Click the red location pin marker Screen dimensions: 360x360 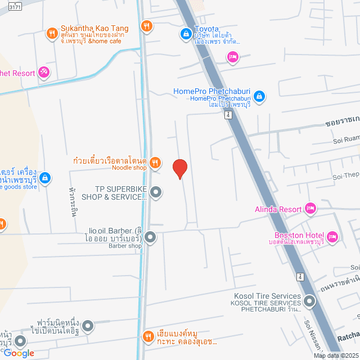point(179,168)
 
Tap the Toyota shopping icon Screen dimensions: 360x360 point(185,34)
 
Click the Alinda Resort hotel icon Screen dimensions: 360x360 point(310,209)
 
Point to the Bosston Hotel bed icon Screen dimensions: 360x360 point(332,237)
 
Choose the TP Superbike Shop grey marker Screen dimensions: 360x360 point(156,193)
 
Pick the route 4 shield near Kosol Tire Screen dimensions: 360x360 point(300,277)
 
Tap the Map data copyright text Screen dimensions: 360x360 point(336,355)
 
